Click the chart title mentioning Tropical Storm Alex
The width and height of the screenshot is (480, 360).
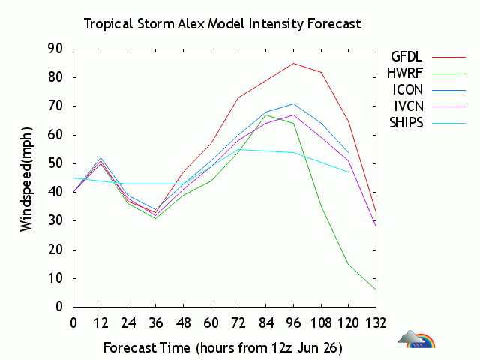tap(222, 23)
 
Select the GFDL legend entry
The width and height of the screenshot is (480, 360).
tap(407, 56)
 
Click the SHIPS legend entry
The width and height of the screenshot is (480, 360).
tap(406, 122)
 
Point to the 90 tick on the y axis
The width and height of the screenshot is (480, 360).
tap(54, 49)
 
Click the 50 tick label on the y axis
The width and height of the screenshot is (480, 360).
tap(54, 163)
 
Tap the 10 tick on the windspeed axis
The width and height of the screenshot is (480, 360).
tap(54, 278)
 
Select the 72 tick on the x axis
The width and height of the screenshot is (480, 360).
tap(238, 322)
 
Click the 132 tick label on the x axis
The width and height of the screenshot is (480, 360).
tap(376, 322)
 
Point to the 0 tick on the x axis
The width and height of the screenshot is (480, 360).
tap(73, 322)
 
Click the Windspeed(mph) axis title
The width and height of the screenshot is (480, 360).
tap(26, 177)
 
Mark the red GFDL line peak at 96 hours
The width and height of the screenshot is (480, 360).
tap(293, 63)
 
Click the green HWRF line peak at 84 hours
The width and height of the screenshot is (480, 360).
tap(266, 115)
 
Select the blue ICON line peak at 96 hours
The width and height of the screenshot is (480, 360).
tap(293, 103)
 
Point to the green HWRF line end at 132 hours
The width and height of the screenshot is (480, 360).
tap(376, 289)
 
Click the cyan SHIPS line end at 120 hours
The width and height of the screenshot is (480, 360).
tap(348, 172)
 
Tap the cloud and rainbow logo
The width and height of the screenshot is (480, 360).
tap(417, 340)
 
